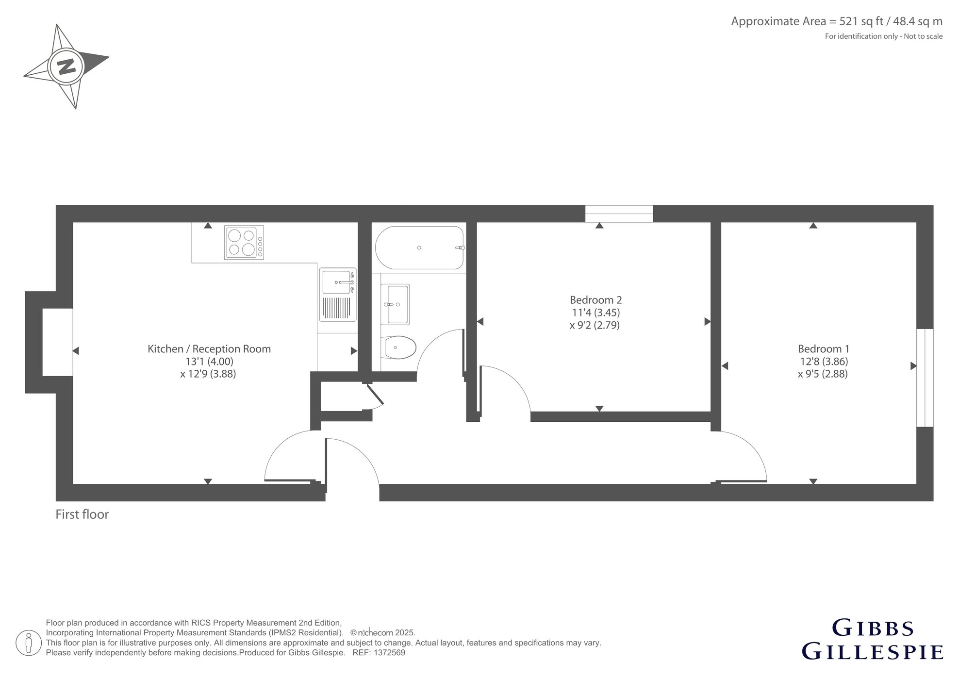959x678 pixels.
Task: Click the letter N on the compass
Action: (x=66, y=66)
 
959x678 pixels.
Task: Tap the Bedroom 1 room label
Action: (x=824, y=348)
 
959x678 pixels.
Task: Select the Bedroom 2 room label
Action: (x=595, y=300)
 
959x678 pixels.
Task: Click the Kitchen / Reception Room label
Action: (x=209, y=348)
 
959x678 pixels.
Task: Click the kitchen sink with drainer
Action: (x=337, y=295)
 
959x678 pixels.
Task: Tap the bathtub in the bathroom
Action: (x=419, y=248)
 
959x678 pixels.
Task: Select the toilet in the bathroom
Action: (x=398, y=347)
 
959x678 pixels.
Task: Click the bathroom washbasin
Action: (x=395, y=304)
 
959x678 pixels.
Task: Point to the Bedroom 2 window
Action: (x=619, y=214)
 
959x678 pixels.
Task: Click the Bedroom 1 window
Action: (x=925, y=378)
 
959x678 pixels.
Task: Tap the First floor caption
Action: (x=82, y=514)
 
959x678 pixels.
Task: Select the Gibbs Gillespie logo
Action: (x=873, y=640)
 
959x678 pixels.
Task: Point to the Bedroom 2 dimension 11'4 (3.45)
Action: (x=595, y=313)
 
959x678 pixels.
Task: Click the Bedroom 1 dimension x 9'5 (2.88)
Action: (x=823, y=374)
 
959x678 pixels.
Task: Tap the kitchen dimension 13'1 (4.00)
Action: (x=209, y=361)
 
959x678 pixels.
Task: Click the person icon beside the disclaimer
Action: (x=28, y=643)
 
